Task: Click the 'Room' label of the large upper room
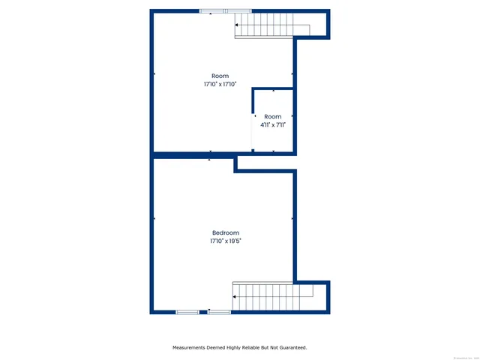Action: pyautogui.click(x=220, y=76)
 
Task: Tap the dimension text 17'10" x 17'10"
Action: pyautogui.click(x=220, y=85)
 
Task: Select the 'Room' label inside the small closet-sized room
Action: pyautogui.click(x=273, y=116)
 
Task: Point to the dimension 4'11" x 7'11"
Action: pyautogui.click(x=273, y=125)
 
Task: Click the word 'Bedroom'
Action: pyautogui.click(x=225, y=232)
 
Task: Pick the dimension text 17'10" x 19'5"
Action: pyautogui.click(x=225, y=241)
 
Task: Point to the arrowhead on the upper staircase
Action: pyautogui.click(x=238, y=27)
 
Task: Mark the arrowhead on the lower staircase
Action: pyautogui.click(x=235, y=298)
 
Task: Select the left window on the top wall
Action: pyautogui.click(x=211, y=11)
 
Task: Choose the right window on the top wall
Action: pyautogui.click(x=238, y=11)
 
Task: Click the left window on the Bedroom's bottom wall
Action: pyautogui.click(x=187, y=311)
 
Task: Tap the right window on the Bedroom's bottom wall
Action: pyautogui.click(x=220, y=311)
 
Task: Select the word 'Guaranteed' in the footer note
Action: pyautogui.click(x=290, y=347)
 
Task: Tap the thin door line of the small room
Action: pyautogui.click(x=252, y=133)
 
